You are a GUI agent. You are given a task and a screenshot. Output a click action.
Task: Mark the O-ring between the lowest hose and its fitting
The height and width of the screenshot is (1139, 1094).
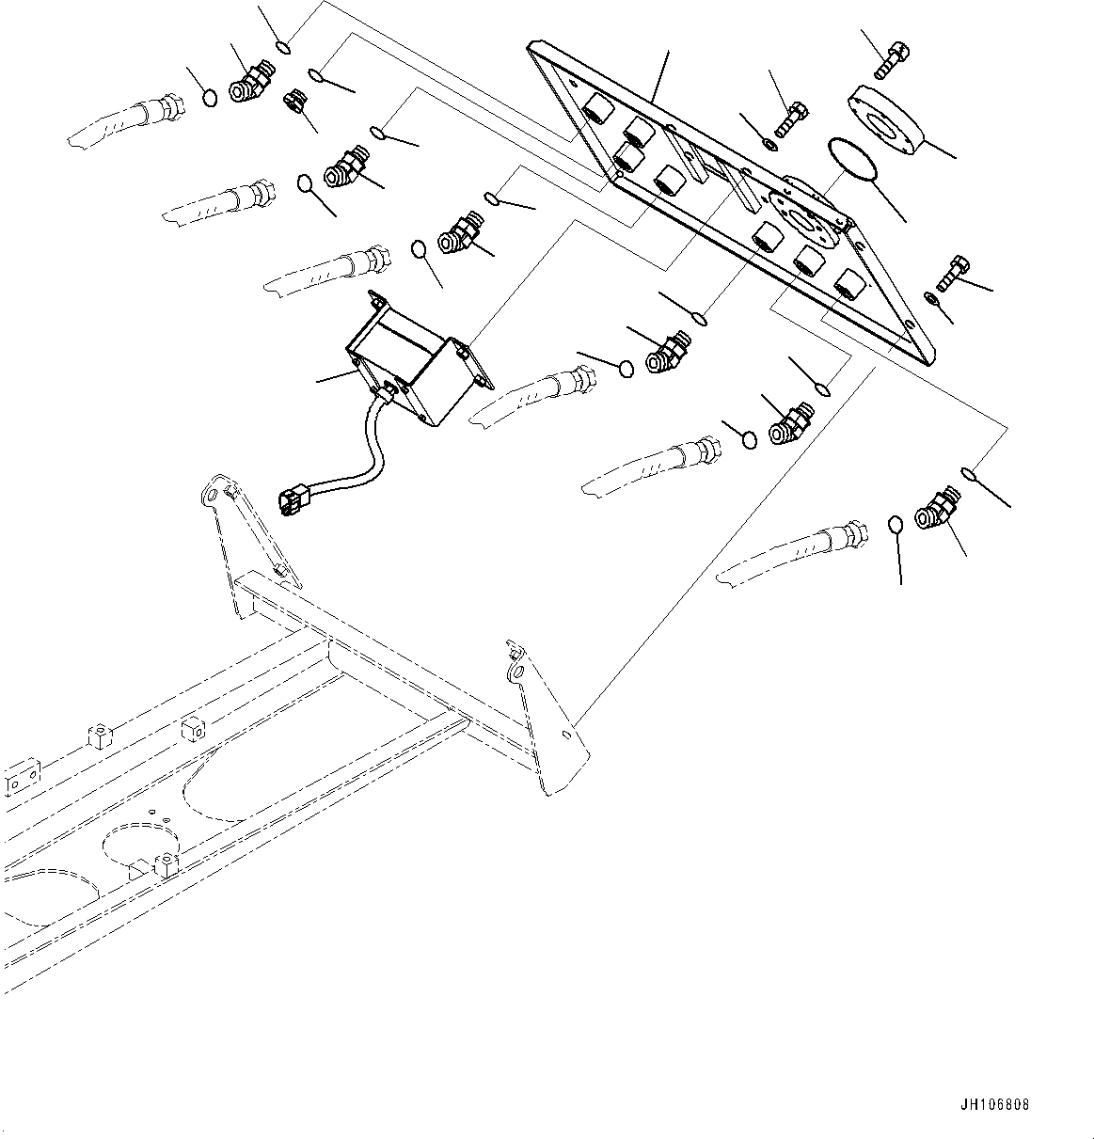pos(896,523)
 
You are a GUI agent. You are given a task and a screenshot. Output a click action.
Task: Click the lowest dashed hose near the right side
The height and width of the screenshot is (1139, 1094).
pos(790,559)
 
